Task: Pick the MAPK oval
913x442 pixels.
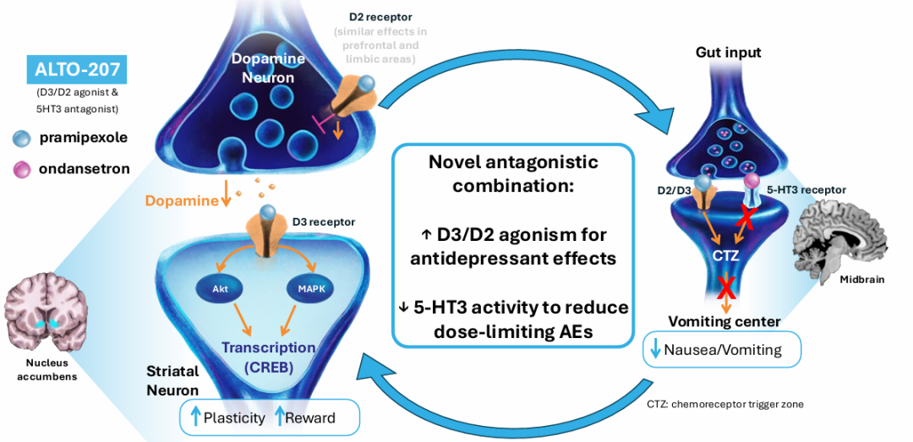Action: click(x=308, y=286)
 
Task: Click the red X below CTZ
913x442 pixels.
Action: click(x=723, y=287)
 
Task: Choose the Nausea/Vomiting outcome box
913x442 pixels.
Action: click(x=722, y=349)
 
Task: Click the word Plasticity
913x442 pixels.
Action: click(x=235, y=417)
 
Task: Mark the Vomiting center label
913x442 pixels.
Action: click(x=724, y=321)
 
